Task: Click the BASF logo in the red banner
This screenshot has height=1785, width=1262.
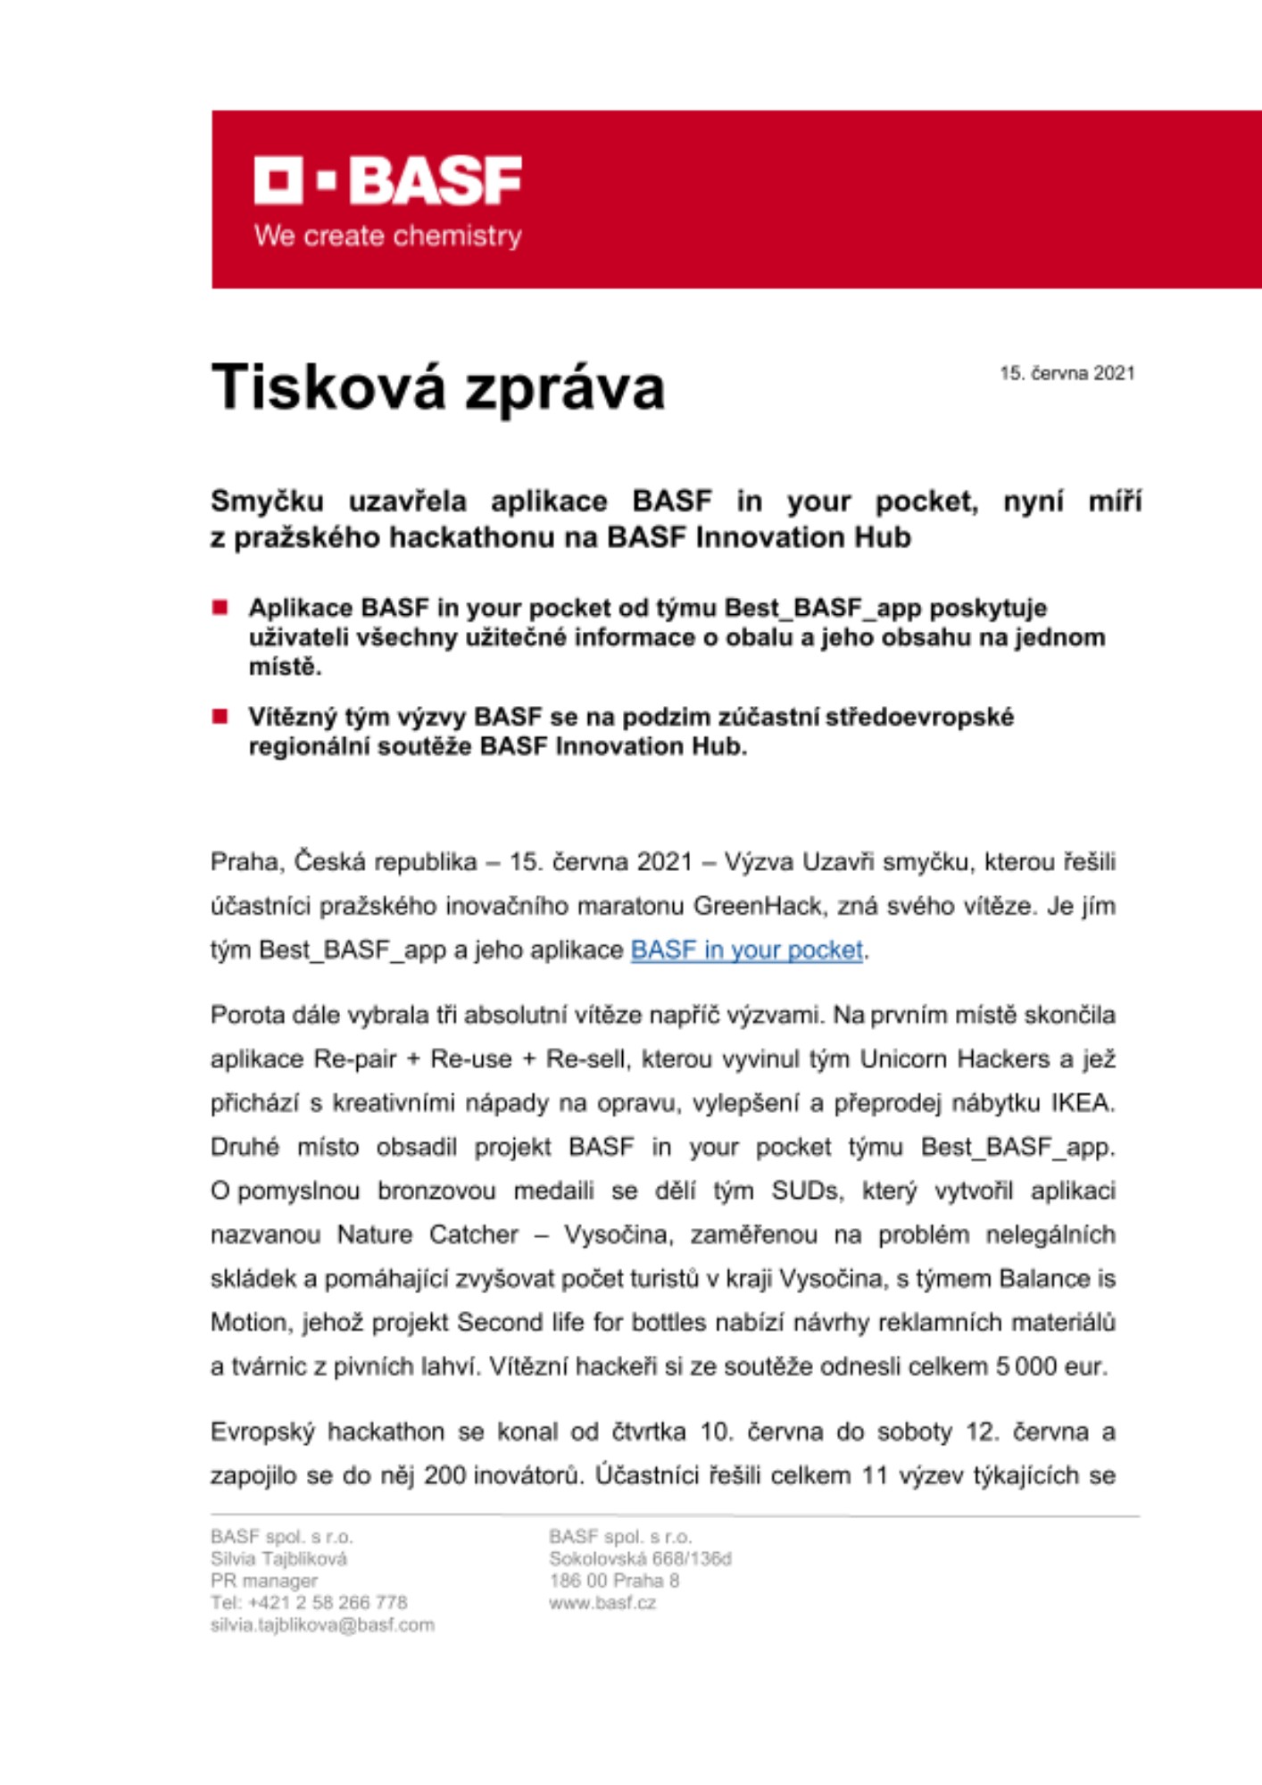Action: (387, 180)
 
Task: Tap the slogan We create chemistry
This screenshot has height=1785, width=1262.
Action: (387, 237)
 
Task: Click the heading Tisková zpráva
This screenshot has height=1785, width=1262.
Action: (437, 388)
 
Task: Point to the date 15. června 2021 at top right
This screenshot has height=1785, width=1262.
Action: (1067, 373)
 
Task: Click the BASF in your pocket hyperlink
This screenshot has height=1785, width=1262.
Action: (746, 950)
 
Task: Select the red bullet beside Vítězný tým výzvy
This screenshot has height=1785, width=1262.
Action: (220, 717)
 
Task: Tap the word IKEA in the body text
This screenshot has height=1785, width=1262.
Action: (1082, 1103)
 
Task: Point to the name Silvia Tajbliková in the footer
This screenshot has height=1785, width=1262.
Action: (278, 1558)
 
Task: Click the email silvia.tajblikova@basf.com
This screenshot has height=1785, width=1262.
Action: (322, 1624)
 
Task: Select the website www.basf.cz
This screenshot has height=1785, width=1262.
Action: (602, 1602)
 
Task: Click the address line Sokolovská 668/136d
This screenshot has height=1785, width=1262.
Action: (640, 1558)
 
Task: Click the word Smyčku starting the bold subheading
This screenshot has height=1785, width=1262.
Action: (267, 502)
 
